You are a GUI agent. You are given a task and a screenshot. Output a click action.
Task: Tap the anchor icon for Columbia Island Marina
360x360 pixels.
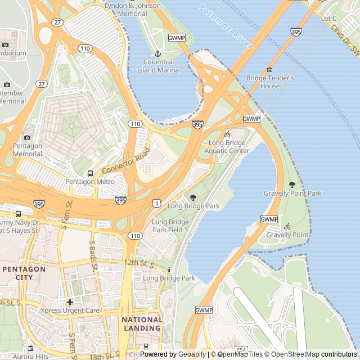(x=157, y=53)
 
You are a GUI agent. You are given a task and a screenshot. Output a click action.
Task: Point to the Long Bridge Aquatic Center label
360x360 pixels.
(x=227, y=147)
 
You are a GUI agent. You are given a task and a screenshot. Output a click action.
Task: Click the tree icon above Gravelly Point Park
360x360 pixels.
(x=292, y=184)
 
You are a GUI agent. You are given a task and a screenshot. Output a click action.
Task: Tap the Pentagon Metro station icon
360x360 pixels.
(x=90, y=173)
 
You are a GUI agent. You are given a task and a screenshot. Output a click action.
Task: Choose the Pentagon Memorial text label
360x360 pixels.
(x=28, y=150)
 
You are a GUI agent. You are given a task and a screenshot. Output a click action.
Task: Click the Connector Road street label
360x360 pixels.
(x=126, y=161)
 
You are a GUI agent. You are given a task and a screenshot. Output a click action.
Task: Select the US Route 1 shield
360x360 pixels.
(x=156, y=202)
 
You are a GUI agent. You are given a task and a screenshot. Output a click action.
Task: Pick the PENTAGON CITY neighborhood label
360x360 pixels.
(x=24, y=273)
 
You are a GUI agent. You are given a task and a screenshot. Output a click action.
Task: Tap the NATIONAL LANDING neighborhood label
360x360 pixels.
(x=142, y=323)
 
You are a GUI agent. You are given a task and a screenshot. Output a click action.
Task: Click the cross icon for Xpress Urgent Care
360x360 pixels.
(x=70, y=302)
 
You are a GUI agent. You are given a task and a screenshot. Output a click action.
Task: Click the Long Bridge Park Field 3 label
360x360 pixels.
(x=170, y=226)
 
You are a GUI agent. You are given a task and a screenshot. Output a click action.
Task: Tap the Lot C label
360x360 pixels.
(x=328, y=19)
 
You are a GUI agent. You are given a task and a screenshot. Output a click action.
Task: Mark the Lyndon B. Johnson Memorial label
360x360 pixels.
(x=133, y=10)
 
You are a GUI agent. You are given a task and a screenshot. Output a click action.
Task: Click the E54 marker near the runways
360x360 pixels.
(x=241, y=349)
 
